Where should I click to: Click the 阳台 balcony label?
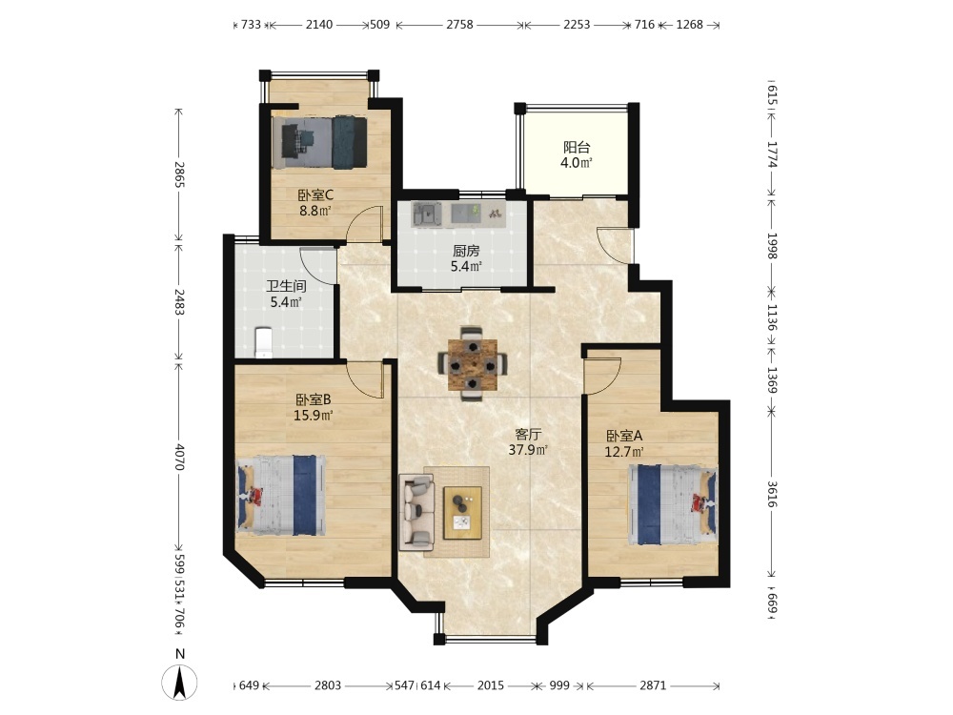pyautogui.click(x=577, y=147)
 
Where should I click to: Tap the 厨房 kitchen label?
pyautogui.click(x=466, y=251)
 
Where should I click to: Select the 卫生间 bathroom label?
pyautogui.click(x=286, y=286)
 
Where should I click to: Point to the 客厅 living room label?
pyautogui.click(x=528, y=434)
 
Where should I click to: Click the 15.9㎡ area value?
pyautogui.click(x=313, y=416)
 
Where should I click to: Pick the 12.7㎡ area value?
pyautogui.click(x=623, y=452)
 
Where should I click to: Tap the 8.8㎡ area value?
pyautogui.click(x=314, y=211)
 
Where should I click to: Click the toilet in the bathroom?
pyautogui.click(x=263, y=343)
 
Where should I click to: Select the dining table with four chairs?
pyautogui.click(x=473, y=364)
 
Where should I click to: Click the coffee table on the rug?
pyautogui.click(x=462, y=513)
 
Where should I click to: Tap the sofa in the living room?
pyautogui.click(x=416, y=513)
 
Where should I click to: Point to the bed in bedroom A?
pyautogui.click(x=673, y=504)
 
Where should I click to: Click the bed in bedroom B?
pyautogui.click(x=281, y=496)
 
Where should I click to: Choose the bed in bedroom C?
pyautogui.click(x=319, y=143)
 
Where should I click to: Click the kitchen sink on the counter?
pyautogui.click(x=427, y=214)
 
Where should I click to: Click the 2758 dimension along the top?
pyautogui.click(x=459, y=25)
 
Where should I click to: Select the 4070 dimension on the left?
pyautogui.click(x=179, y=456)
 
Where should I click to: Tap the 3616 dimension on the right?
pyautogui.click(x=772, y=494)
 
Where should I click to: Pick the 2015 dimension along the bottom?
pyautogui.click(x=491, y=685)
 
